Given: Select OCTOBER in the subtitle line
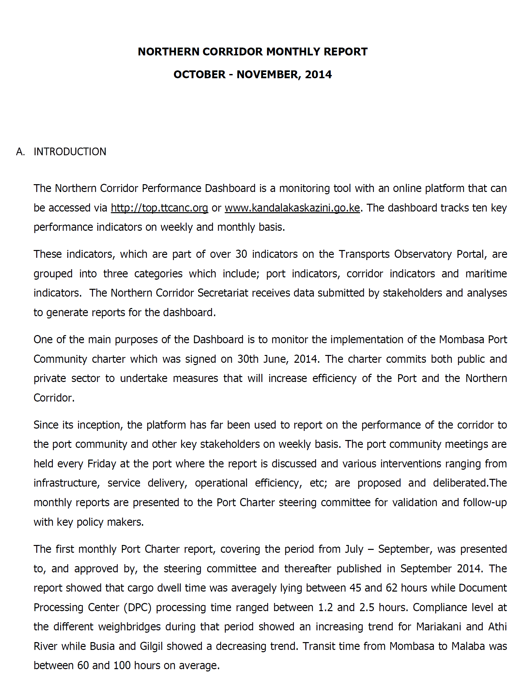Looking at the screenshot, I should (x=199, y=75).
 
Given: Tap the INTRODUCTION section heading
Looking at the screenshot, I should (x=70, y=152).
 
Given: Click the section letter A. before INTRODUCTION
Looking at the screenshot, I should (x=20, y=152).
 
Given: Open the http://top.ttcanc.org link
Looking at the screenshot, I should (x=159, y=208).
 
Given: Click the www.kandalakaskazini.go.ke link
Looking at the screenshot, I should (x=292, y=208).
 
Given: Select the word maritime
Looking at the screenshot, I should (x=486, y=274).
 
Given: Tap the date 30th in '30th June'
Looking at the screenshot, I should (x=248, y=359).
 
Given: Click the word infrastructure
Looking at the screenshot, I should (x=67, y=483).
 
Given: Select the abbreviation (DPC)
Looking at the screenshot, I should (x=137, y=608).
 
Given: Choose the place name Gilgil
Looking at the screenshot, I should (x=151, y=646).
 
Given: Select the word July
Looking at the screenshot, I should (x=354, y=549).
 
